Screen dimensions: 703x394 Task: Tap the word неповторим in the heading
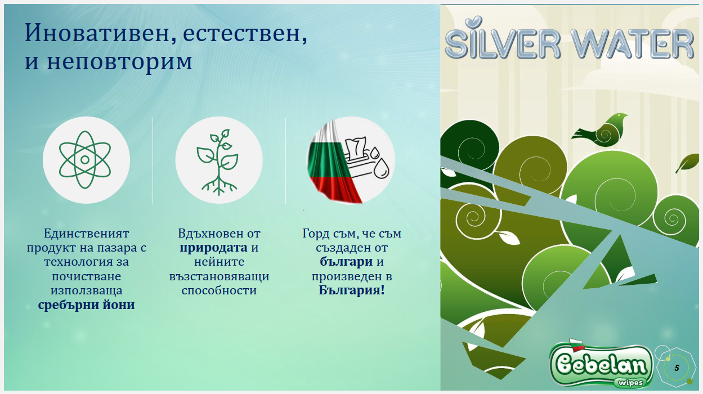pos(119,61)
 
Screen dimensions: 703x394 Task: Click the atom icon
pos(85,160)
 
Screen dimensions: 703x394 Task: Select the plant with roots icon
pos(218,162)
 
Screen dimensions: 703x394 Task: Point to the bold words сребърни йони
pos(86,305)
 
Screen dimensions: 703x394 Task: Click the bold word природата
pos(213,248)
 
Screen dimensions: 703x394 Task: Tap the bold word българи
pos(346,262)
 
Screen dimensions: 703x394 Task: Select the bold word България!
pos(352,290)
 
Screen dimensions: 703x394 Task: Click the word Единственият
pos(86,234)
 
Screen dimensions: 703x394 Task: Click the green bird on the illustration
pos(599,130)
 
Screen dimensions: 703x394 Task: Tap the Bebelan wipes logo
pos(601,364)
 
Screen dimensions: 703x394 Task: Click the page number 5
pos(677,368)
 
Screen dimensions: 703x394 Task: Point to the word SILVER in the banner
pos(503,41)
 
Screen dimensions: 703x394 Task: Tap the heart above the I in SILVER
pos(473,22)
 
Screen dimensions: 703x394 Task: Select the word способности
pos(219,290)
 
